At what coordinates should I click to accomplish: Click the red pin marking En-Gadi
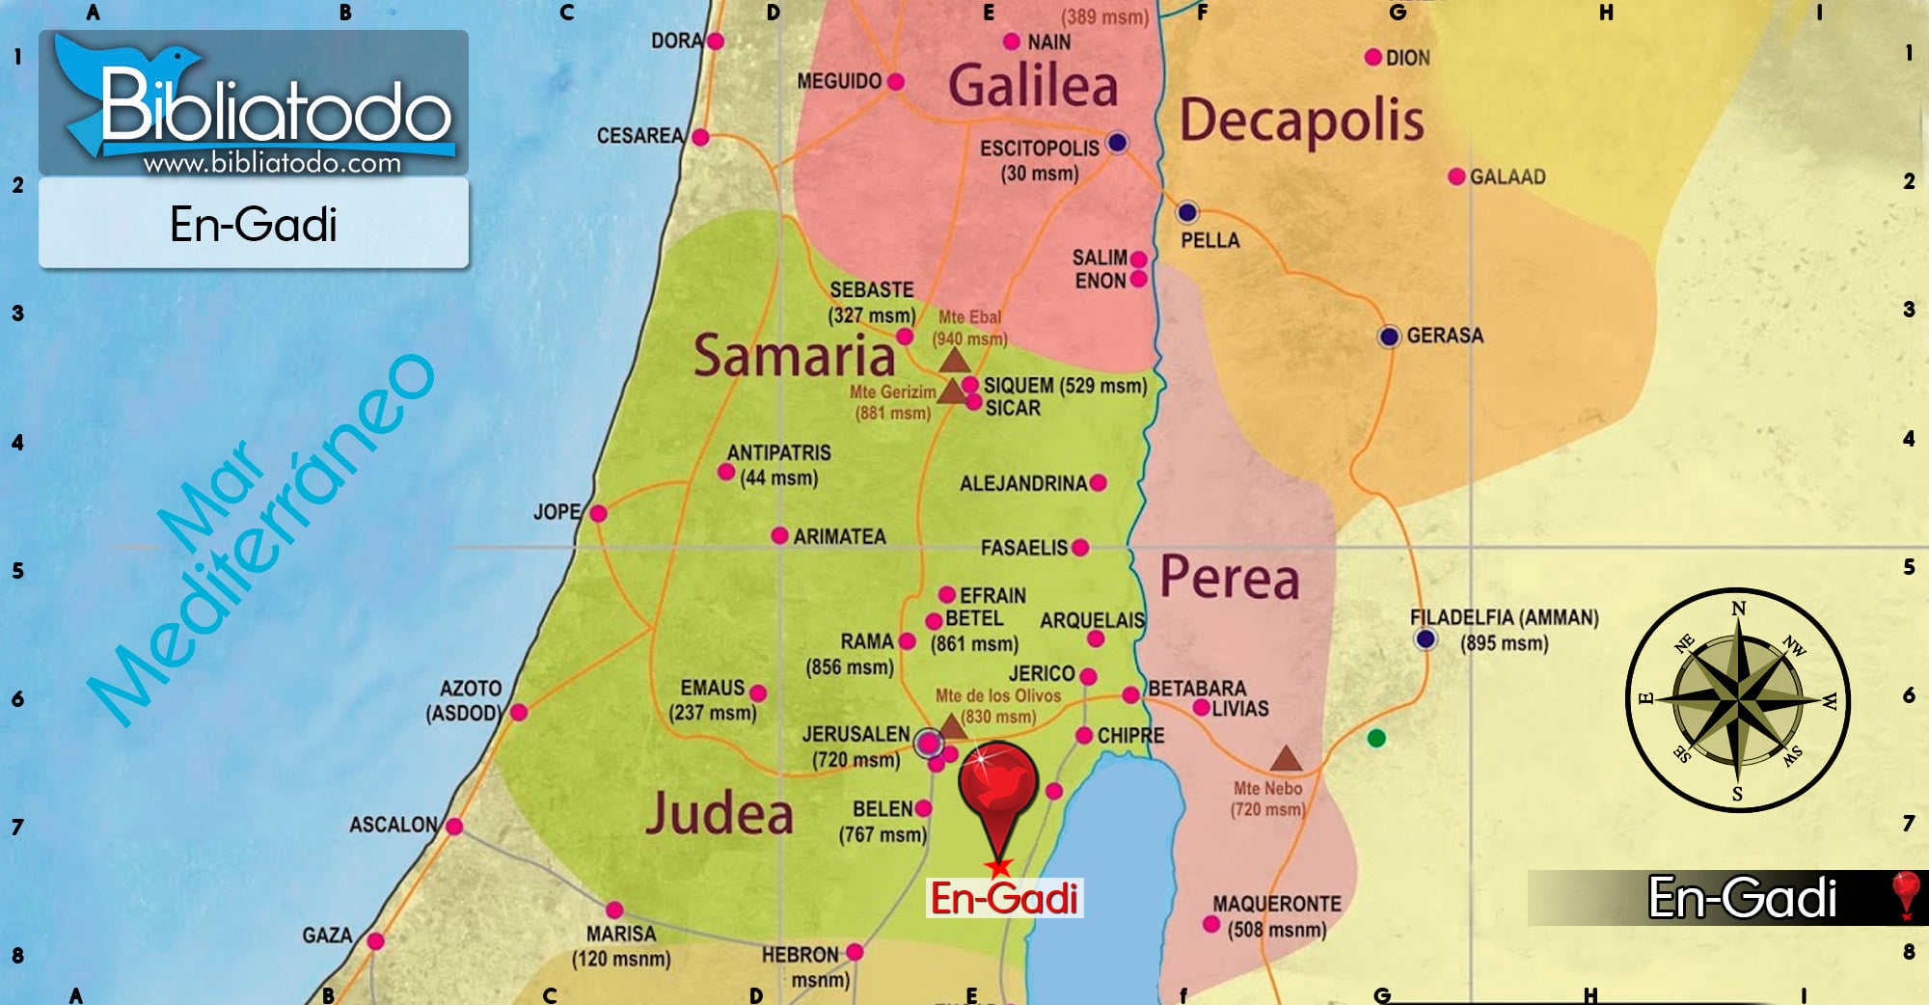pyautogui.click(x=997, y=786)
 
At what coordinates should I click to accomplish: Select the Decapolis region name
pyautogui.click(x=1301, y=121)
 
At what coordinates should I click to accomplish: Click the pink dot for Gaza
pyautogui.click(x=375, y=941)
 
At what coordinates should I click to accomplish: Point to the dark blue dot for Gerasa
pyautogui.click(x=1388, y=337)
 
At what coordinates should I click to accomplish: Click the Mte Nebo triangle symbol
pyautogui.click(x=1285, y=759)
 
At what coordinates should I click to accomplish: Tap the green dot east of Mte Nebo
pyautogui.click(x=1376, y=738)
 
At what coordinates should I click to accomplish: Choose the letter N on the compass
pyautogui.click(x=1738, y=609)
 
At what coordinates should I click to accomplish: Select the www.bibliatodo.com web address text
pyautogui.click(x=272, y=163)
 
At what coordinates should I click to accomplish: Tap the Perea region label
pyautogui.click(x=1229, y=578)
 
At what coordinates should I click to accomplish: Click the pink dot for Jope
pyautogui.click(x=598, y=513)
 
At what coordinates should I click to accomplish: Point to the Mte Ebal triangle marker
pyautogui.click(x=954, y=361)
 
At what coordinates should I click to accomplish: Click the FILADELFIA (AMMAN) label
pyautogui.click(x=1504, y=618)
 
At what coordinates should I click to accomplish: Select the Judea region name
pyautogui.click(x=720, y=813)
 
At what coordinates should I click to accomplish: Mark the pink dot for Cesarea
pyautogui.click(x=700, y=137)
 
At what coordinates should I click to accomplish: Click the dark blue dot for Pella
pyautogui.click(x=1187, y=212)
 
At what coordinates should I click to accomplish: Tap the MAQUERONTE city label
pyautogui.click(x=1276, y=904)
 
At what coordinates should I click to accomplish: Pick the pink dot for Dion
pyautogui.click(x=1373, y=58)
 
